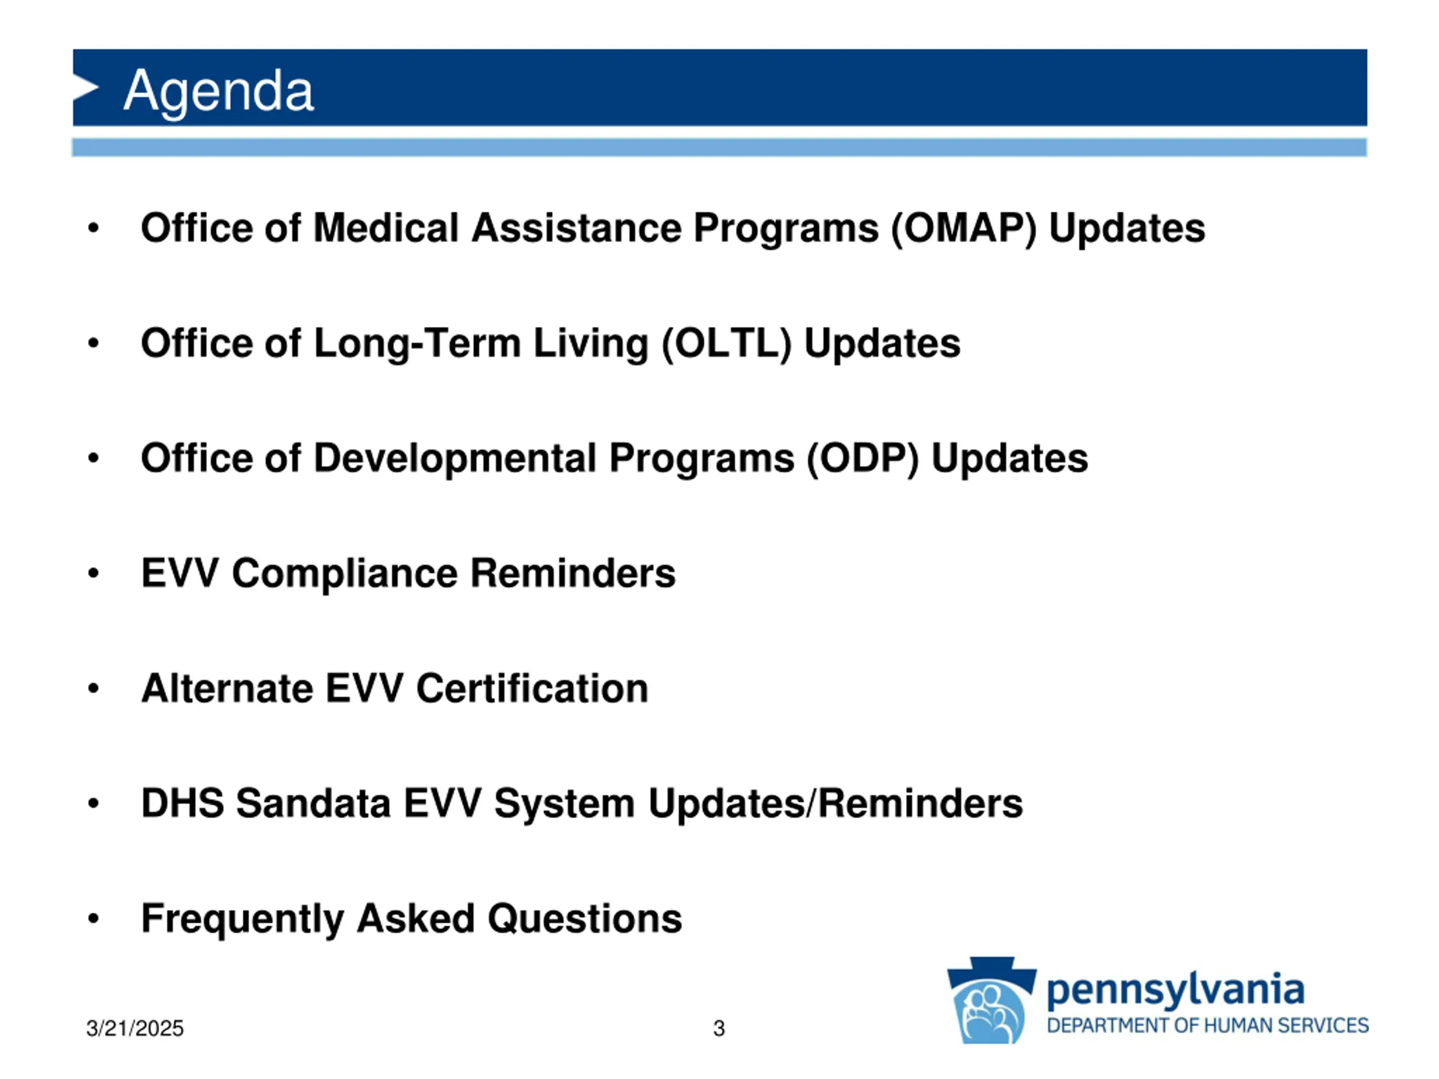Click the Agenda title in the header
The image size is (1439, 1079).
(x=219, y=92)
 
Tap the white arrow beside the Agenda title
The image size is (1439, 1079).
(x=86, y=87)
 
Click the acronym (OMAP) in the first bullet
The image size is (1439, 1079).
(x=963, y=228)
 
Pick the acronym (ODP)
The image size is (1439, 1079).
(x=863, y=459)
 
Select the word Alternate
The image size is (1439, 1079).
(x=227, y=688)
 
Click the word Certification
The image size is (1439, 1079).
(x=532, y=688)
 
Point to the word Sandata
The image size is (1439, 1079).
(x=313, y=803)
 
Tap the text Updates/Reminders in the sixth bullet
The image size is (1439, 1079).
(x=835, y=804)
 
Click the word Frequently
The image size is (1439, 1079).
(x=243, y=919)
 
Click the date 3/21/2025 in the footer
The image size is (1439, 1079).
(x=135, y=1028)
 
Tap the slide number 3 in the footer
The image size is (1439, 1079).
(x=719, y=1028)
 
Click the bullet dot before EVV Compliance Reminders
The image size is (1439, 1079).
(x=94, y=574)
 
